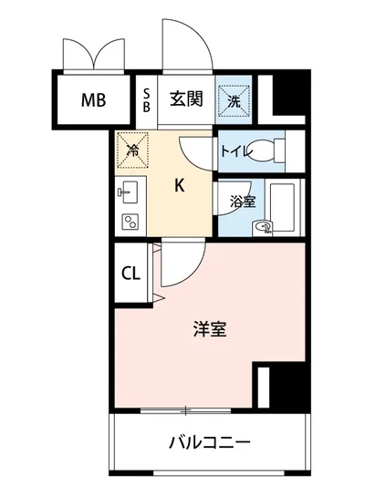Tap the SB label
(148, 98)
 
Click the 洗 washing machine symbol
(233, 102)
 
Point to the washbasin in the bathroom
(263, 228)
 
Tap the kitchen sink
(128, 193)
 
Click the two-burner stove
(129, 220)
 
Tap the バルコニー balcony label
(209, 444)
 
